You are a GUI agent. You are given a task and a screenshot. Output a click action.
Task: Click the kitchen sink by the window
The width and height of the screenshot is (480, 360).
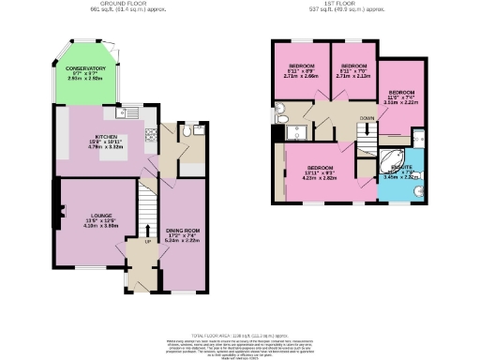click(x=131, y=113)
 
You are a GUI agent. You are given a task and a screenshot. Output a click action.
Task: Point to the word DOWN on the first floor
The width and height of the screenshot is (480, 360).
click(x=367, y=119)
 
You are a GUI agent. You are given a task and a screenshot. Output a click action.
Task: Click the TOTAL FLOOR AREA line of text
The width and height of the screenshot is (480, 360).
click(x=240, y=336)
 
